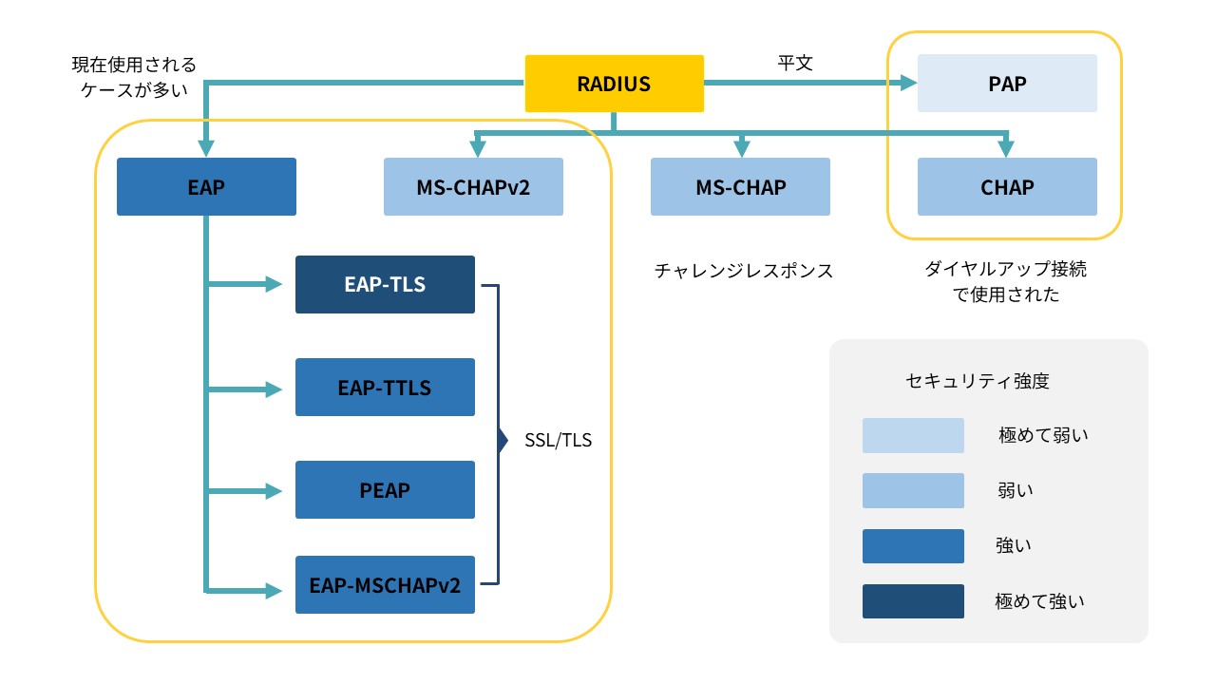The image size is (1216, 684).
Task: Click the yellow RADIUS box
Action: [614, 84]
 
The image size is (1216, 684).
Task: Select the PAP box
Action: [1007, 84]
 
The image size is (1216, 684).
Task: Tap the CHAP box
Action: [1007, 187]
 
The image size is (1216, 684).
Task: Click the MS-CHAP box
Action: [740, 187]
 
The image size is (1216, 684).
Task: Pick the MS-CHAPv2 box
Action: [473, 187]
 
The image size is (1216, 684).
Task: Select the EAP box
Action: [206, 187]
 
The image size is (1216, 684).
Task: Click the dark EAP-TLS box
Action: [385, 284]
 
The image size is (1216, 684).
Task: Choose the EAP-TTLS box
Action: [385, 388]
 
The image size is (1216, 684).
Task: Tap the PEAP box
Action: [385, 490]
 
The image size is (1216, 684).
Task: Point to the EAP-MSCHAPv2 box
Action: [385, 584]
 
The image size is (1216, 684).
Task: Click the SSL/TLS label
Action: [558, 441]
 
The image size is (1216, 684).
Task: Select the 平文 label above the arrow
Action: [795, 63]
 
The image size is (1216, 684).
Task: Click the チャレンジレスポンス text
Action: [743, 271]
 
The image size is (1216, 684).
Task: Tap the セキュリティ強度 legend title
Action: [989, 382]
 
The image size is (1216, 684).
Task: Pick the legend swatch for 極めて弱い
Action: [913, 435]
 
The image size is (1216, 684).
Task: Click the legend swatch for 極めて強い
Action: [913, 601]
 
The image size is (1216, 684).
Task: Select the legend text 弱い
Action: [1014, 490]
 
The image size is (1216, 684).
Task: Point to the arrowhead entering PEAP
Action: [275, 491]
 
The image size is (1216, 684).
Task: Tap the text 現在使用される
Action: [134, 66]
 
